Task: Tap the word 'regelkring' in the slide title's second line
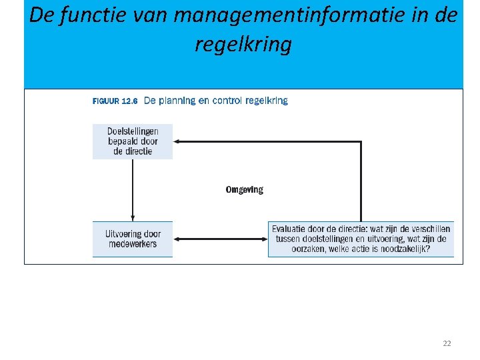click(x=243, y=45)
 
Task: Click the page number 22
click(x=447, y=343)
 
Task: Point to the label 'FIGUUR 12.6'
click(x=115, y=101)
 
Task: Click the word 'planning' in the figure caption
click(x=177, y=101)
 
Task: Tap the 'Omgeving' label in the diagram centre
click(x=244, y=190)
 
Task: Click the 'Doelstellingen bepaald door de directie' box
click(x=133, y=141)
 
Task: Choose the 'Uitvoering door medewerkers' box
click(x=133, y=239)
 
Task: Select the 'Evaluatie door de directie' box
click(x=361, y=239)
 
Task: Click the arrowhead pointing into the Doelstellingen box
click(x=176, y=141)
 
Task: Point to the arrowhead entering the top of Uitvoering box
click(x=133, y=218)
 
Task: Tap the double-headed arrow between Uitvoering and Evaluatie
click(x=220, y=239)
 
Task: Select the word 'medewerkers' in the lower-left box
click(x=133, y=244)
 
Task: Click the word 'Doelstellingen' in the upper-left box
click(x=133, y=131)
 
